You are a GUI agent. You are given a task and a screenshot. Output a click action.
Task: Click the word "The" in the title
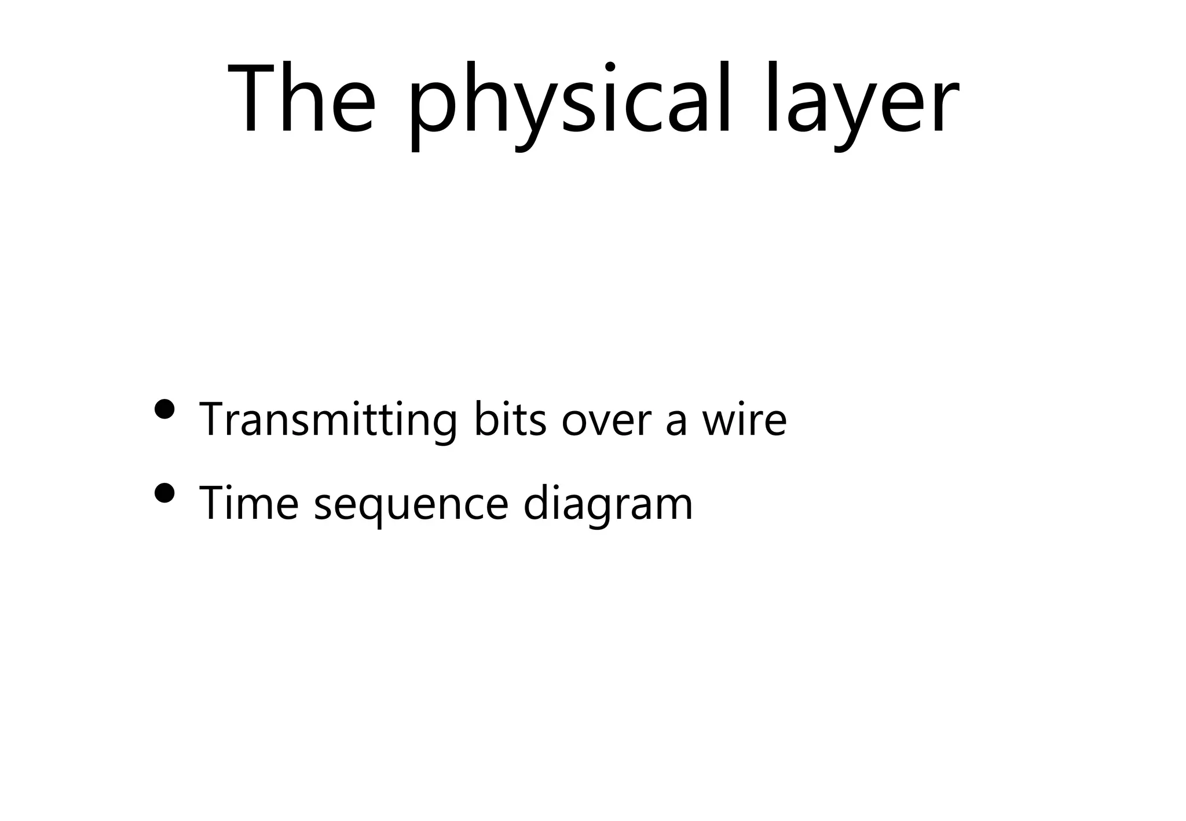pos(302,99)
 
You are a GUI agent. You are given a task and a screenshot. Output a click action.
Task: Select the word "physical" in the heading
pos(571,104)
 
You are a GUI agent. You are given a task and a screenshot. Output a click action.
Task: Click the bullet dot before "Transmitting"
pos(165,409)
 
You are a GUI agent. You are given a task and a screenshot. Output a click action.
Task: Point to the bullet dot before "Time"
pos(165,493)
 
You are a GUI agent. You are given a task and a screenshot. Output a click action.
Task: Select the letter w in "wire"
pos(719,422)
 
